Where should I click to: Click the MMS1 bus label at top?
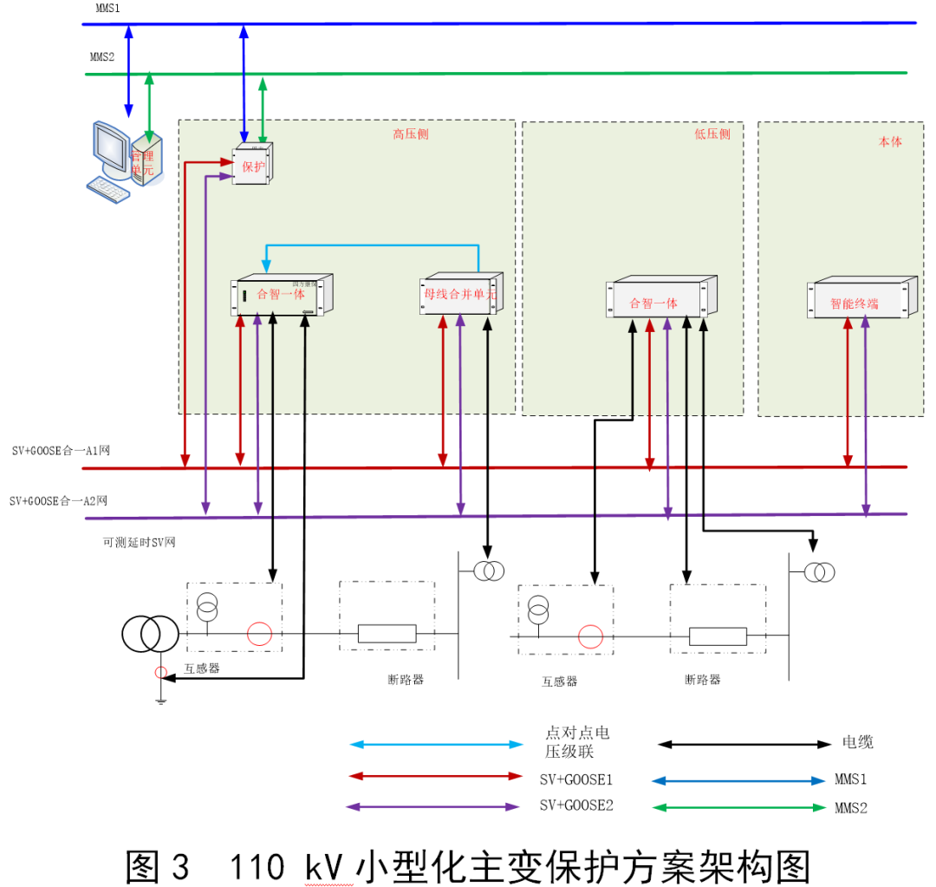click(107, 8)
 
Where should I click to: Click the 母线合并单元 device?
click(460, 295)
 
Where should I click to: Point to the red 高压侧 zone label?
click(410, 134)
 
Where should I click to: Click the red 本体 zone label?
click(890, 140)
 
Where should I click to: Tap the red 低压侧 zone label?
click(712, 134)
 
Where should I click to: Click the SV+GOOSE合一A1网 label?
click(60, 451)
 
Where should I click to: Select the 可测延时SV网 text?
click(139, 543)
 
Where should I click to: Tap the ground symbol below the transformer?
click(160, 698)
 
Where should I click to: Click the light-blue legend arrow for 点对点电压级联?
click(435, 744)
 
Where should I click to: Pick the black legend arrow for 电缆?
click(744, 744)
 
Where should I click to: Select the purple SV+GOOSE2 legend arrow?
click(432, 806)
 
